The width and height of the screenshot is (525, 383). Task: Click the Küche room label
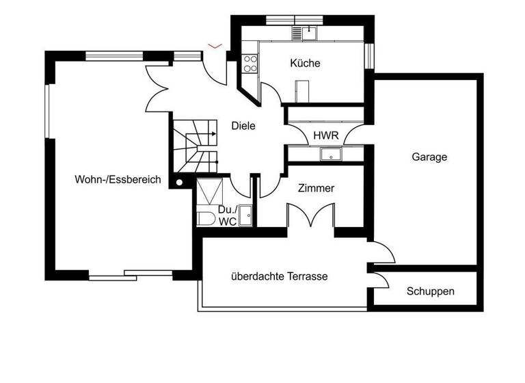pos(305,64)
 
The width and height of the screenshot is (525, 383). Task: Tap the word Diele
pos(243,126)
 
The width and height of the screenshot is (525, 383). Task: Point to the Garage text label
pos(429,157)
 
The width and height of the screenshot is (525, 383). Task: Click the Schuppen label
pos(430,291)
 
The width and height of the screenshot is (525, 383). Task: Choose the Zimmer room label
pos(316,188)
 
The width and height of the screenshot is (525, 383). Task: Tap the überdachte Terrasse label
pos(279,277)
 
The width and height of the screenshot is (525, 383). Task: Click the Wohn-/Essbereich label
pos(118,180)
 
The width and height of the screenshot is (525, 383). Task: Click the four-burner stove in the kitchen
pos(250,64)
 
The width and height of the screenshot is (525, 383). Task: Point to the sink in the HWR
pos(331,154)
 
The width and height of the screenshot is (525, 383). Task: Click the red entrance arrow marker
pos(215,46)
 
